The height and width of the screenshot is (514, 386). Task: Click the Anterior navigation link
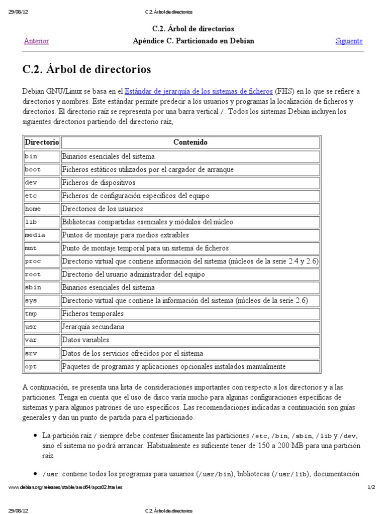coord(36,41)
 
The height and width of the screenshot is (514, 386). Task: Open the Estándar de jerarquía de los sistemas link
coord(199,91)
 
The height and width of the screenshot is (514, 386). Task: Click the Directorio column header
coord(42,143)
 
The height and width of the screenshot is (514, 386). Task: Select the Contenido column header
coord(190,143)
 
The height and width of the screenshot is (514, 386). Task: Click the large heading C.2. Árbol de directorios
coord(87,68)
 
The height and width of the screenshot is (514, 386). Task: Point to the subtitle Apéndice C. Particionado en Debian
coord(193,41)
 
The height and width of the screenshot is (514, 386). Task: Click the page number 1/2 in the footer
coord(371,487)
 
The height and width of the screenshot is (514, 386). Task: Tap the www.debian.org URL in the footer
coord(66,487)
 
